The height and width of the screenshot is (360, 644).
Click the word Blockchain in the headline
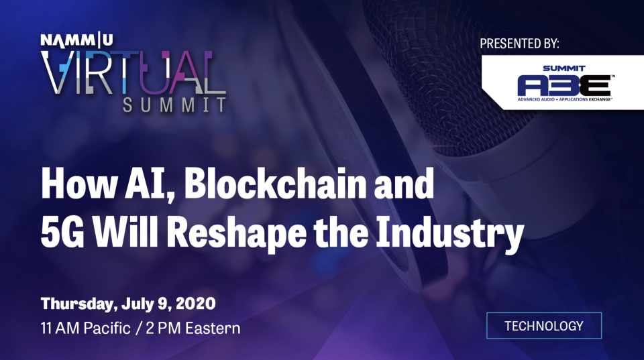point(275,184)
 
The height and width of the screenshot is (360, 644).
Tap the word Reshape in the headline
point(237,233)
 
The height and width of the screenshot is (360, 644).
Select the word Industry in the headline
point(450,233)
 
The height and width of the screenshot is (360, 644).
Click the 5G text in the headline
point(62,233)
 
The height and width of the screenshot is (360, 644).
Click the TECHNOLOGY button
point(544,326)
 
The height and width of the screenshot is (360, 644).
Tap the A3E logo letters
point(563,84)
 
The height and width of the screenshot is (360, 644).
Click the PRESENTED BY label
point(519,43)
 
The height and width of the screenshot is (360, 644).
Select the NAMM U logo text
point(76,40)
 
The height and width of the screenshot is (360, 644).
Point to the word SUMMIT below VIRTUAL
point(174,105)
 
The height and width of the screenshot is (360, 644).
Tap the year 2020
point(195,304)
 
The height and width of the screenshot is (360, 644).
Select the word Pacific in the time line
point(107,328)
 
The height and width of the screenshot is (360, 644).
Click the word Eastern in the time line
point(213,328)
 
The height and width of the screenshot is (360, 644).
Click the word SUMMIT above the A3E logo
point(564,68)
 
